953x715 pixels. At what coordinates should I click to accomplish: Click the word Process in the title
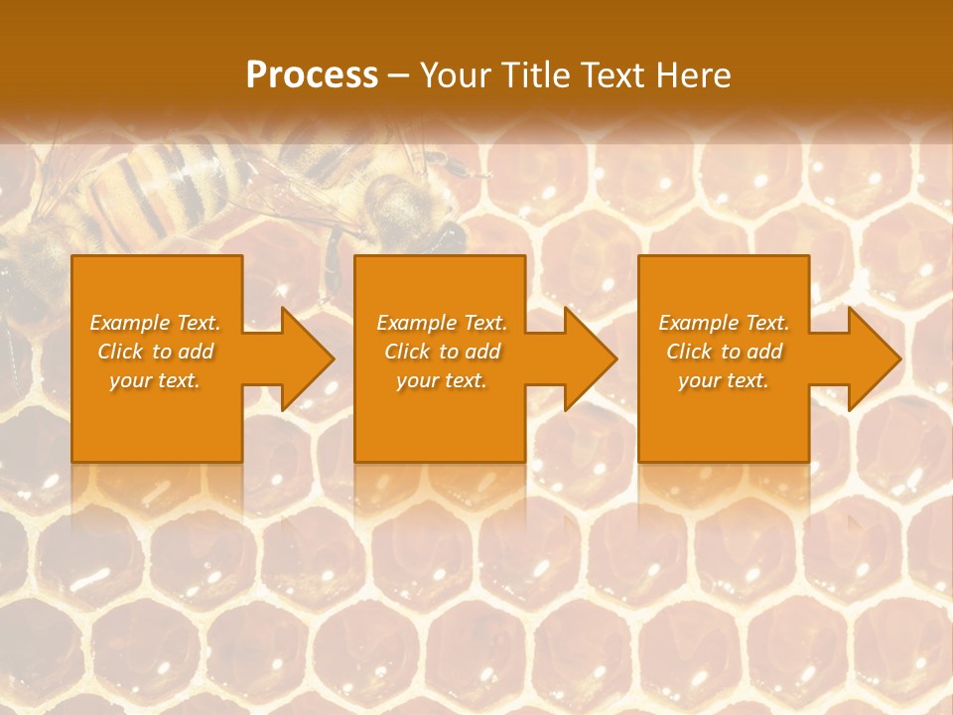pyautogui.click(x=312, y=75)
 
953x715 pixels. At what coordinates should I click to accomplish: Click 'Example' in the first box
pyautogui.click(x=130, y=323)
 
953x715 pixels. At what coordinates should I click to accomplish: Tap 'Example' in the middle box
pyautogui.click(x=417, y=323)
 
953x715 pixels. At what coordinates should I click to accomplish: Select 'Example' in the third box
pyautogui.click(x=699, y=323)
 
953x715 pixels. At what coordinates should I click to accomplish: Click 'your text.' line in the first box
pyautogui.click(x=155, y=380)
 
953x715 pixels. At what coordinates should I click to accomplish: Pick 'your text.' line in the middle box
pyautogui.click(x=442, y=380)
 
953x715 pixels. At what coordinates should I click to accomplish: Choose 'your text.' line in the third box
pyautogui.click(x=724, y=380)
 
